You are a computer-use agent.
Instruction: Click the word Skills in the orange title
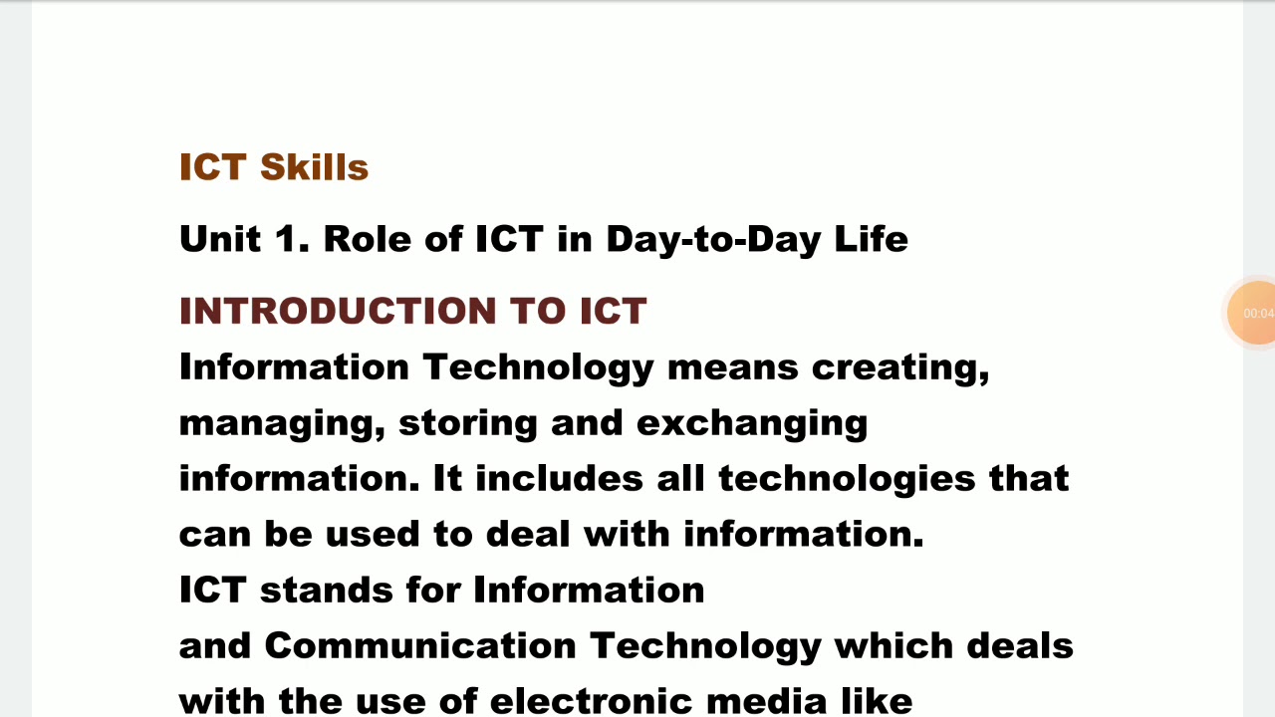coord(314,167)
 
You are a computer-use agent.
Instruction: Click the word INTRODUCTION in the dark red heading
coord(338,311)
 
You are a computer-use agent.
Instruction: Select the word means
coord(732,367)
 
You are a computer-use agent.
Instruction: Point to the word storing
coord(468,423)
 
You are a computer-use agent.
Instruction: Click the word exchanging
coord(752,423)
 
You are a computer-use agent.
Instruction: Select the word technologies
coord(847,479)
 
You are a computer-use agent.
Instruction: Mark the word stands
coord(326,591)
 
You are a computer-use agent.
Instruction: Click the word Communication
coord(420,646)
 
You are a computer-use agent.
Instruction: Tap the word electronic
coord(592,701)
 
